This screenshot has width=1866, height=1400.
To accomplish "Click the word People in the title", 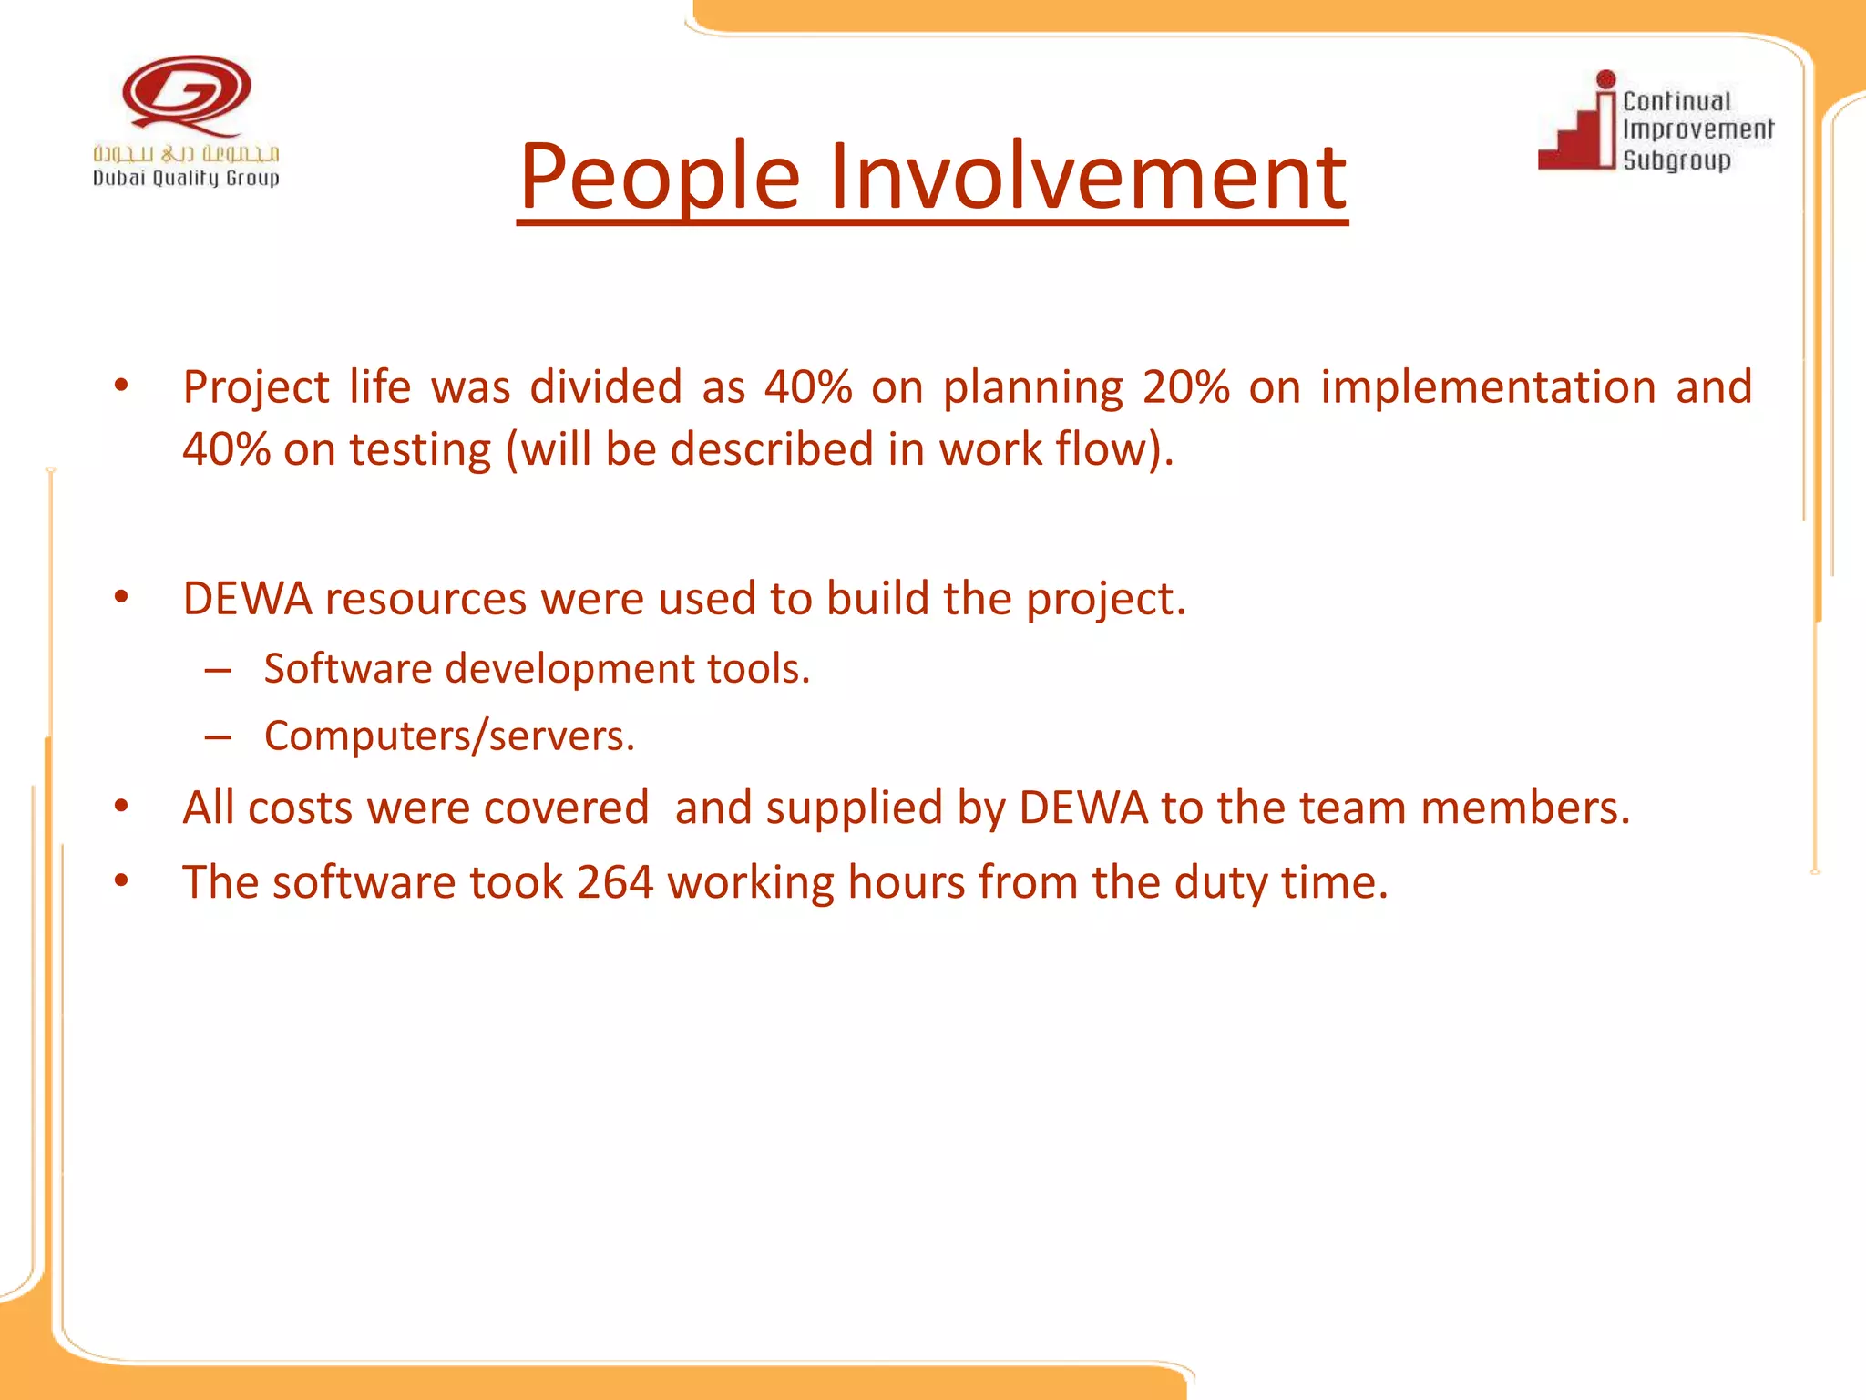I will [660, 178].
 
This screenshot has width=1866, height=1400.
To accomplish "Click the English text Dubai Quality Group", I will [186, 179].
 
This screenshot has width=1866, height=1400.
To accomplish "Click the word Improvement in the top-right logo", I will [1697, 129].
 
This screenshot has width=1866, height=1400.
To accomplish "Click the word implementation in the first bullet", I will [1488, 387].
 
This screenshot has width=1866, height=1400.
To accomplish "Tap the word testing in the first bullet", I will [420, 450].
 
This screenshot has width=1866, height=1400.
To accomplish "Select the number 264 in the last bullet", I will [615, 883].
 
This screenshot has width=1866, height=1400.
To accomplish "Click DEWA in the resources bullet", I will [247, 600].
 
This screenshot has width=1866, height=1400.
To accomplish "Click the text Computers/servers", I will [449, 736].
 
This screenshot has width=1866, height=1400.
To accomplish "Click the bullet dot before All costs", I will [121, 807].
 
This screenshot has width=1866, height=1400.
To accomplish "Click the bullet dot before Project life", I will [121, 386].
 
